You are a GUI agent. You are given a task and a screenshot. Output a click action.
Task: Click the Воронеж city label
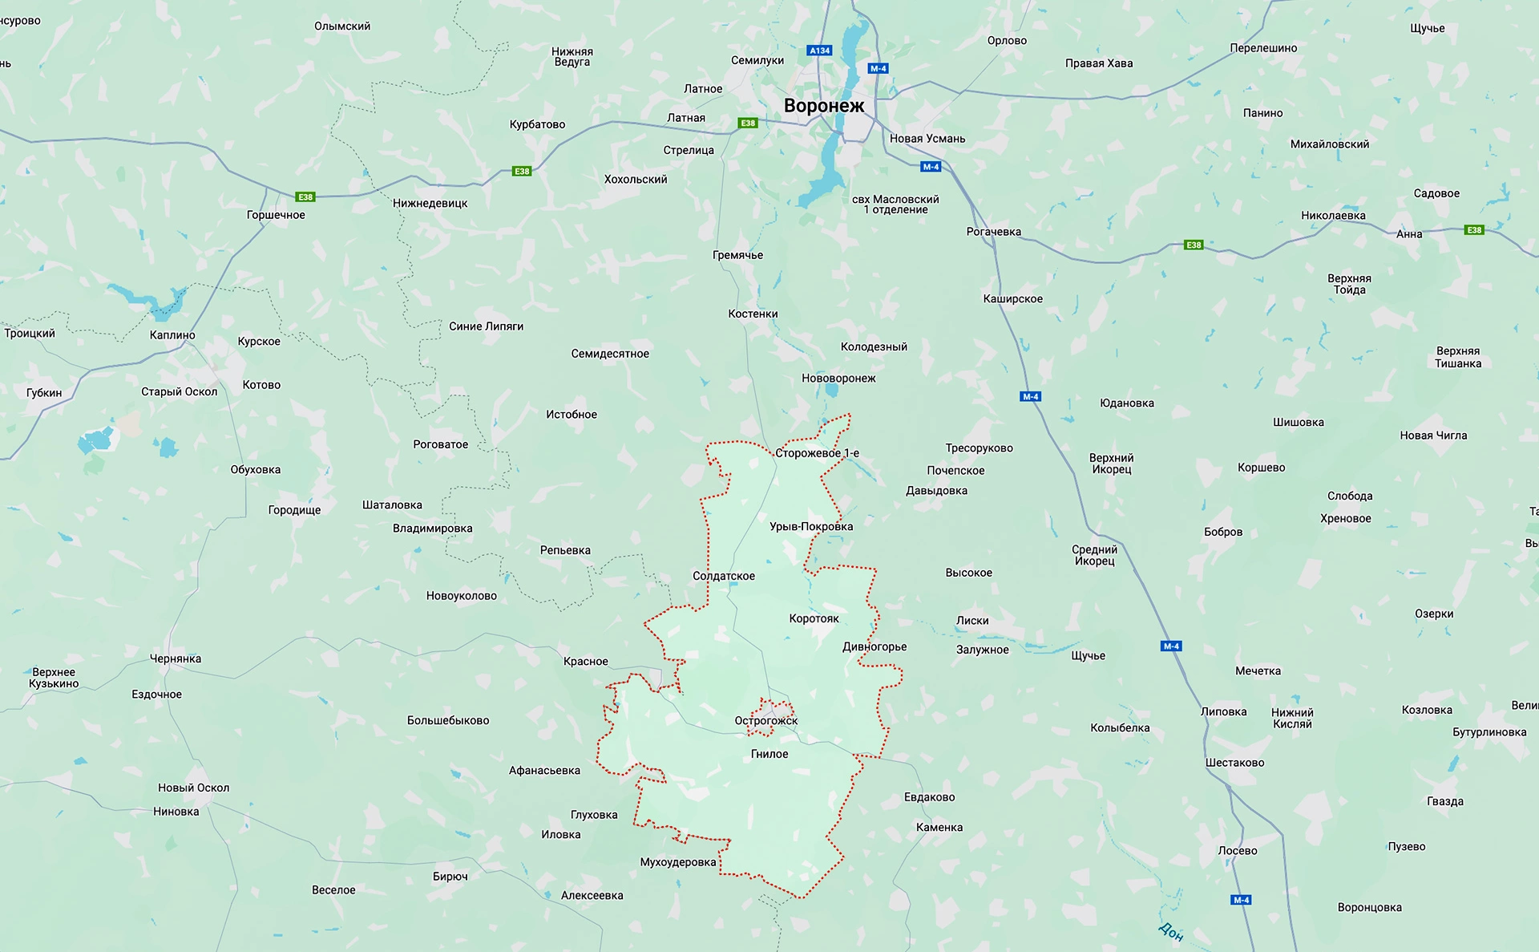(823, 106)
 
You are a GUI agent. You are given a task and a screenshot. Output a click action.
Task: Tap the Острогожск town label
(765, 720)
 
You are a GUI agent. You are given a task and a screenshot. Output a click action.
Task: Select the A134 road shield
(819, 51)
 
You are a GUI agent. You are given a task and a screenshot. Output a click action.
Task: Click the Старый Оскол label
(179, 391)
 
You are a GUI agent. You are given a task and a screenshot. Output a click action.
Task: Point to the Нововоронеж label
(838, 378)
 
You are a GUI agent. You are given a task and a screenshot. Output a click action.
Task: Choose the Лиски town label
(971, 620)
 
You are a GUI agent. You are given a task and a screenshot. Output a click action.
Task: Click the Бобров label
(1222, 532)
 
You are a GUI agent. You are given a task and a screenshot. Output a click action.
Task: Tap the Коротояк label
(814, 618)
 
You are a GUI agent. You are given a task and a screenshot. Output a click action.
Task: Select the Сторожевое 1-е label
(816, 453)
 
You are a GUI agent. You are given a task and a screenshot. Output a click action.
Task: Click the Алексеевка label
(592, 895)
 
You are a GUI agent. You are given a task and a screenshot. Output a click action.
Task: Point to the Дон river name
(1170, 930)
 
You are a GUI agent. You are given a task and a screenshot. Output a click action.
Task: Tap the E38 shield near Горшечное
(305, 196)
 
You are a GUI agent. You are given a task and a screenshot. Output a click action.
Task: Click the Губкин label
(44, 392)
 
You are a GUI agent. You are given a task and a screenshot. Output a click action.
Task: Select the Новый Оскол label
(193, 788)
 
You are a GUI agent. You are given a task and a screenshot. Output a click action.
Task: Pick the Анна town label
(1408, 234)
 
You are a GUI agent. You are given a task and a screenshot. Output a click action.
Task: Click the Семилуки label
(757, 60)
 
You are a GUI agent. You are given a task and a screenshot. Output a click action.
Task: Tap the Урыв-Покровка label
(810, 526)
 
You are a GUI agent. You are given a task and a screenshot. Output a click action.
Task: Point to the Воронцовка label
(1369, 907)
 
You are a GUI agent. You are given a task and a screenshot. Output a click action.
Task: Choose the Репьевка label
(565, 550)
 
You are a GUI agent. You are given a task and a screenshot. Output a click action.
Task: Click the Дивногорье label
(875, 646)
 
